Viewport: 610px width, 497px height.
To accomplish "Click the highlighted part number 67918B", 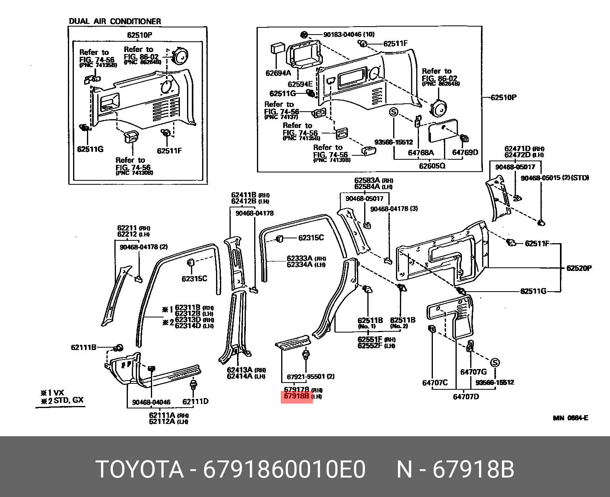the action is click(297, 396).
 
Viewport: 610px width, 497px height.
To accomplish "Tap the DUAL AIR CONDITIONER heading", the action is click(115, 21).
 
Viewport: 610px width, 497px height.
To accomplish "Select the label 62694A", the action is click(278, 73).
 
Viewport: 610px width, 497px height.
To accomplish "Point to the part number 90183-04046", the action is click(342, 35).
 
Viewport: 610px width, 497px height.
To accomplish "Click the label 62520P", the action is click(579, 268).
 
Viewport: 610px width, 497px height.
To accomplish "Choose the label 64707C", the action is click(435, 383).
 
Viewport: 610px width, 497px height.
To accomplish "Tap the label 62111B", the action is click(84, 348).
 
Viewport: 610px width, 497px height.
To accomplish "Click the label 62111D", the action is click(195, 401).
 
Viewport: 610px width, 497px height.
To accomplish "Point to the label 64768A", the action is click(421, 153).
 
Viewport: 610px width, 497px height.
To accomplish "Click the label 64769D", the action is click(465, 153).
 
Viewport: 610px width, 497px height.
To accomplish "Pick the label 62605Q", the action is click(432, 166).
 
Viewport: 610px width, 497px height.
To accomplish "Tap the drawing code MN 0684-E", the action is click(570, 418).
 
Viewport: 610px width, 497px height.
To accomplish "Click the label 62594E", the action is click(300, 84).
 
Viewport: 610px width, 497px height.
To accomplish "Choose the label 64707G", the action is click(473, 372).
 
